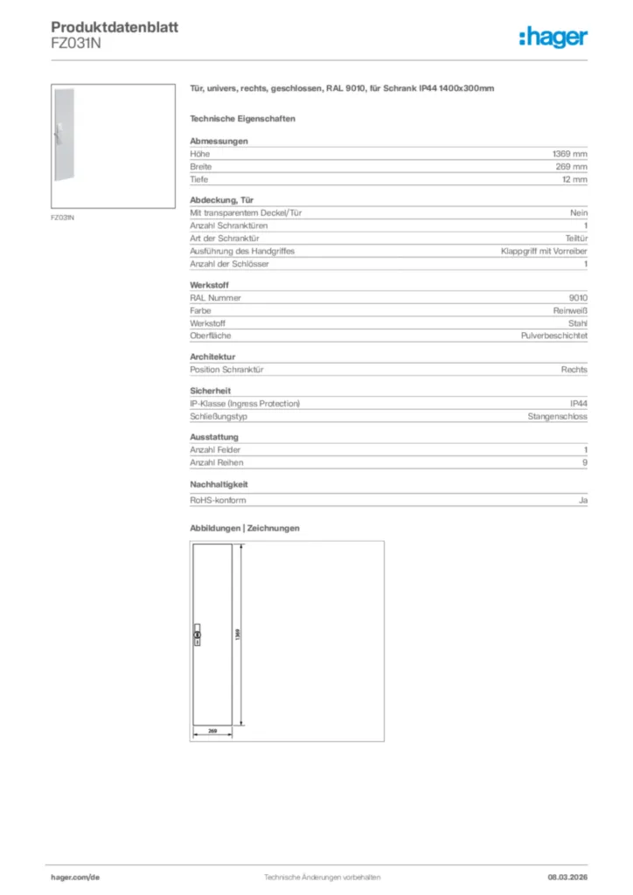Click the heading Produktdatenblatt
pyautogui.click(x=115, y=27)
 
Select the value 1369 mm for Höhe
pyautogui.click(x=570, y=154)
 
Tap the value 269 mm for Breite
pyautogui.click(x=573, y=166)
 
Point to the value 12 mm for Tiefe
pyautogui.click(x=574, y=179)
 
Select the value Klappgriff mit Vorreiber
pyautogui.click(x=544, y=251)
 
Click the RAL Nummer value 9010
pyautogui.click(x=578, y=298)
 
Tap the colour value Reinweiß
pyautogui.click(x=569, y=310)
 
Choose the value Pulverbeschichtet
pyautogui.click(x=554, y=336)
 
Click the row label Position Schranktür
pyautogui.click(x=226, y=370)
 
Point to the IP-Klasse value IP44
pyautogui.click(x=579, y=404)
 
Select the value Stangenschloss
pyautogui.click(x=558, y=417)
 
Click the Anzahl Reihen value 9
pyautogui.click(x=585, y=463)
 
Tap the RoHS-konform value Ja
pyautogui.click(x=583, y=501)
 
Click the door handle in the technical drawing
pyautogui.click(x=196, y=635)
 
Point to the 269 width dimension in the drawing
pyautogui.click(x=212, y=730)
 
